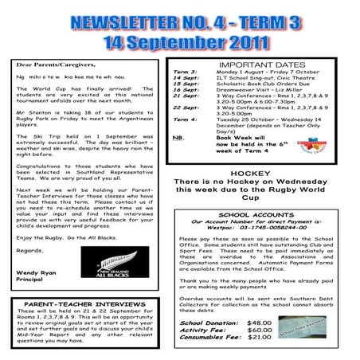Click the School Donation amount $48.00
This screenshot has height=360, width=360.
click(x=260, y=323)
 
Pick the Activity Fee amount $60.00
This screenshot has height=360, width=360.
click(x=260, y=330)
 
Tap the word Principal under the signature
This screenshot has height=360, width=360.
click(x=31, y=280)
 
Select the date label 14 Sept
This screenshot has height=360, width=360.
click(x=186, y=77)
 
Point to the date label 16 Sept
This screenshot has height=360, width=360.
click(x=186, y=90)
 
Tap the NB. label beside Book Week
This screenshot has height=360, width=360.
click(x=178, y=138)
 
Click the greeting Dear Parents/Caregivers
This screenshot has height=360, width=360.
click(x=55, y=63)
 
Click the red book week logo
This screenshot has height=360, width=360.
click(x=309, y=146)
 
